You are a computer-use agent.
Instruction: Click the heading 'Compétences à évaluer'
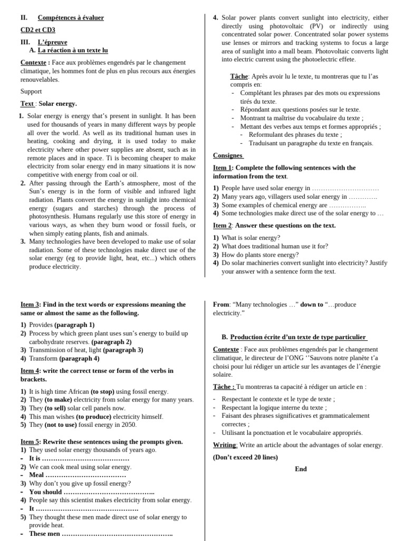(x=71, y=17)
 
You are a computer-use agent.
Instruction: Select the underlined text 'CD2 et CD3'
(x=37, y=30)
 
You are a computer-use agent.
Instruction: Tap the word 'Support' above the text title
(x=31, y=91)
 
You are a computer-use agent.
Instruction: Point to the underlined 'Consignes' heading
(x=228, y=155)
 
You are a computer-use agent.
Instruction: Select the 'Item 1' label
(x=222, y=167)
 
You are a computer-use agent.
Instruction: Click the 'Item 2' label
(x=222, y=225)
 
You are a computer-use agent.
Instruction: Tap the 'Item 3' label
(x=30, y=304)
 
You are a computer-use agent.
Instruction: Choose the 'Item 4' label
(x=30, y=370)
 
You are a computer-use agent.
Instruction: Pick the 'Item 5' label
(x=30, y=441)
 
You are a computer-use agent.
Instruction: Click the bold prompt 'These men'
(x=45, y=534)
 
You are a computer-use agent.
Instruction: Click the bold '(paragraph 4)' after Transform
(x=79, y=358)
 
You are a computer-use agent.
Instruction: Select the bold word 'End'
(x=301, y=469)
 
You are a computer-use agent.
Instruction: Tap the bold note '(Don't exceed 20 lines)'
(x=245, y=457)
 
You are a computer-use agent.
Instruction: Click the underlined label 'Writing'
(x=225, y=445)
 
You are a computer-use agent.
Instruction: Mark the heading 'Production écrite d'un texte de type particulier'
(x=298, y=337)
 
